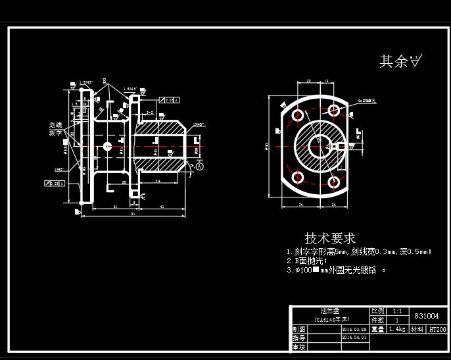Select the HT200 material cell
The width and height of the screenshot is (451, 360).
[437, 329]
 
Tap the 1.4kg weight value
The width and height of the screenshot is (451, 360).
[396, 329]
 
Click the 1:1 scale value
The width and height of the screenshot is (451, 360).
[397, 311]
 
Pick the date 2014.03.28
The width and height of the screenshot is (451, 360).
[354, 329]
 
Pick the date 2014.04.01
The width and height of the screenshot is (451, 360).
[354, 337]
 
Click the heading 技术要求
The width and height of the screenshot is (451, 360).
[330, 238]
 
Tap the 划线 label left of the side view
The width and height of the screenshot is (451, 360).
[55, 124]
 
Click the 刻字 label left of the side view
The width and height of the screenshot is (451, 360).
[55, 133]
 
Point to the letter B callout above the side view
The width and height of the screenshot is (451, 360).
[104, 80]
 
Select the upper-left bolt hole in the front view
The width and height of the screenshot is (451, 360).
[297, 115]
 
